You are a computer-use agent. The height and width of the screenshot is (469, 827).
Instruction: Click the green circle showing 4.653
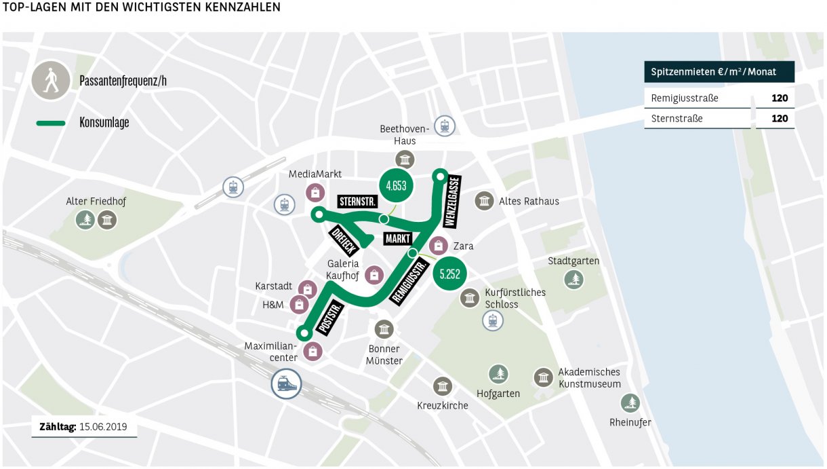(396, 185)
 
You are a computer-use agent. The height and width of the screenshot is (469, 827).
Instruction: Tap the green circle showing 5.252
(449, 274)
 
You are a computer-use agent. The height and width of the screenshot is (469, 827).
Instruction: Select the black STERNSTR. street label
(357, 202)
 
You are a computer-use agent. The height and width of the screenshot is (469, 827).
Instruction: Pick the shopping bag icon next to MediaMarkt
(314, 193)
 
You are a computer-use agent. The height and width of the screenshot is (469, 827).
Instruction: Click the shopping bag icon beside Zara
(439, 246)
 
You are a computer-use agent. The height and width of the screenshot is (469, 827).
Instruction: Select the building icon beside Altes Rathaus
(484, 201)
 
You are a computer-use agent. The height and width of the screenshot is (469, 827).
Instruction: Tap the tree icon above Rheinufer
(630, 403)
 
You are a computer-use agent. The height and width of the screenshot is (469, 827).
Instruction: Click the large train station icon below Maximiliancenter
(286, 384)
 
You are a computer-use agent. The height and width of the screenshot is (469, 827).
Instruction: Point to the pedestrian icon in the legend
(51, 81)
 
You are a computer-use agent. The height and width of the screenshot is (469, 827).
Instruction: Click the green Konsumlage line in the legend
(51, 123)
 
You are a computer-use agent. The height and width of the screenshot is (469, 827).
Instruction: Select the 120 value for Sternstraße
(779, 119)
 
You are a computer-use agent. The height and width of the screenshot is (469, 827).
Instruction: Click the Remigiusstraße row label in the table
(684, 98)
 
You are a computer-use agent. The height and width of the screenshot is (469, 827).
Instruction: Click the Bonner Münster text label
(384, 355)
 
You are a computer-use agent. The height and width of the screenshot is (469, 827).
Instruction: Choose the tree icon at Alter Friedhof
(85, 219)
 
